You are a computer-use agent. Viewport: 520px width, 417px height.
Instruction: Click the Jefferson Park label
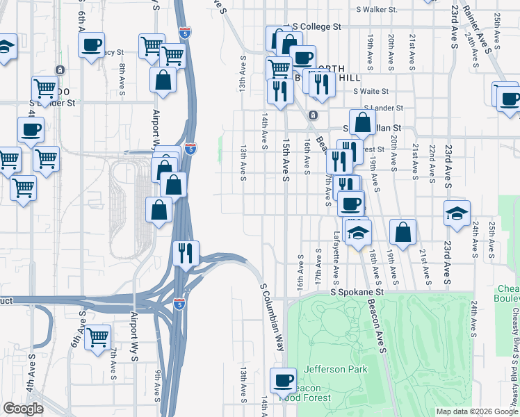[334, 369]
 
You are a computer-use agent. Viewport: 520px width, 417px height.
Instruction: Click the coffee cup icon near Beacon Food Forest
[283, 380]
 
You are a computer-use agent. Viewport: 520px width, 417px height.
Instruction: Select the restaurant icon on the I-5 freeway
[186, 253]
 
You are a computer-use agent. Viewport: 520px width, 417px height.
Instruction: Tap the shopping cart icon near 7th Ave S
[98, 338]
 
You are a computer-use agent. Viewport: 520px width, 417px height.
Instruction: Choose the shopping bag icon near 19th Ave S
[403, 232]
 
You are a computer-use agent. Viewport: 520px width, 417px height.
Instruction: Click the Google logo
[23, 408]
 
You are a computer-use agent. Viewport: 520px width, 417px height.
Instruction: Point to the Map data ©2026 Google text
[476, 411]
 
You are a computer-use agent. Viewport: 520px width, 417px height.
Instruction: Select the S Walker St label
[376, 10]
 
